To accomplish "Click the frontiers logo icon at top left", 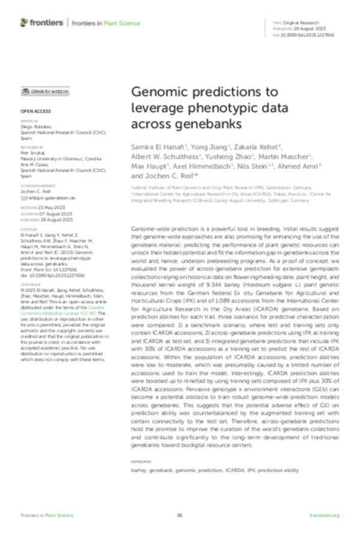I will pos(24,22).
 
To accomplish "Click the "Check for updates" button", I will pos(46,91).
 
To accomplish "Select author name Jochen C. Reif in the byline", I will pos(160,177).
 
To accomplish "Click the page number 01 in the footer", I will pos(179,515).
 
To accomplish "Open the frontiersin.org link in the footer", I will pos(325,515).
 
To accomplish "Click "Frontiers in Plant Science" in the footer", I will pos(47,515).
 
